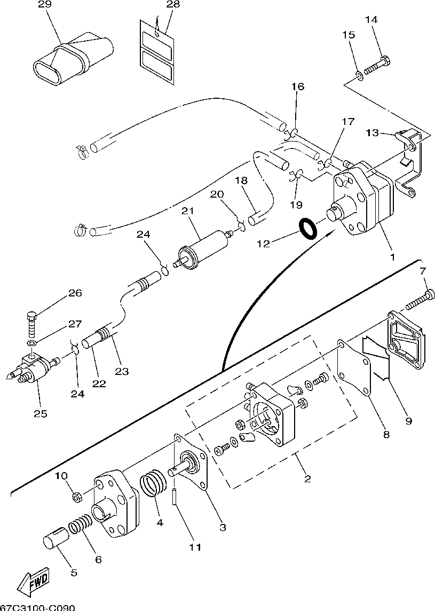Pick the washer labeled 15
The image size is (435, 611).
click(359, 76)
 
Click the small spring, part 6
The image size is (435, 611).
click(81, 524)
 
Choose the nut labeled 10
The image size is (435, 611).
click(77, 497)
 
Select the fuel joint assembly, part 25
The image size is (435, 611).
click(34, 366)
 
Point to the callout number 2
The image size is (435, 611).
click(307, 479)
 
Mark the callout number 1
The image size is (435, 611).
click(392, 257)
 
